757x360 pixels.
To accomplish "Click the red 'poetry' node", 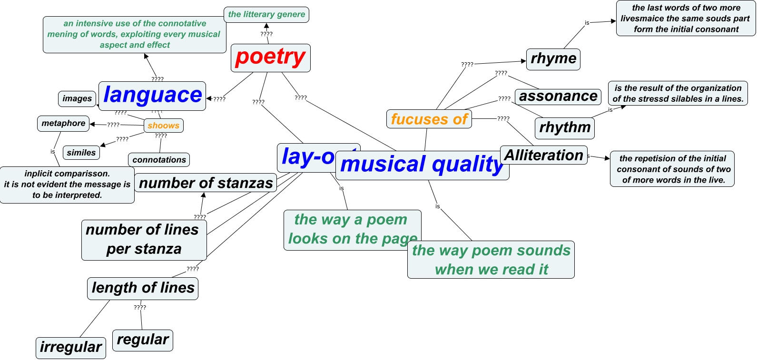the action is coord(270,58).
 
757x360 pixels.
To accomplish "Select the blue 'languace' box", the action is coord(152,96).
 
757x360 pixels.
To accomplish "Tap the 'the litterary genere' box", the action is coord(266,14).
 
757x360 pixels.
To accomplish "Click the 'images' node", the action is coord(77,98).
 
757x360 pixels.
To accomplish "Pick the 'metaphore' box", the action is coord(63,123).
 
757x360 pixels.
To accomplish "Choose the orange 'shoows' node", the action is coord(163,126).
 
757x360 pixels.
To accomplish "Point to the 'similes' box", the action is coord(81,153).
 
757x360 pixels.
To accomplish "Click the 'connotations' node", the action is coord(159,160).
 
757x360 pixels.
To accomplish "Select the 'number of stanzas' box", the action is coord(206,183).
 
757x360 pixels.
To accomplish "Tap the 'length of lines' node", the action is coord(143,288).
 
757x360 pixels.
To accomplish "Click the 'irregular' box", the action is coord(71,348).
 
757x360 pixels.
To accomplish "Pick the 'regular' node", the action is coord(143,340).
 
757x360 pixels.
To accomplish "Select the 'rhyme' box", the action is coord(553,59).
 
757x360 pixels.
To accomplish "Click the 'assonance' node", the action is coord(558,97).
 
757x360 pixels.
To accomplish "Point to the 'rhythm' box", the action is coord(565,128).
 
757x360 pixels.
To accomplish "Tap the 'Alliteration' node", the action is coord(543,155).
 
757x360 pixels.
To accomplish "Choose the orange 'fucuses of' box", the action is coord(429,119).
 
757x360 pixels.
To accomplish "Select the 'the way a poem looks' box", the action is coord(352,229).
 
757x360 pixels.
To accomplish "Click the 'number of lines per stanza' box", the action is coord(144,240).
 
